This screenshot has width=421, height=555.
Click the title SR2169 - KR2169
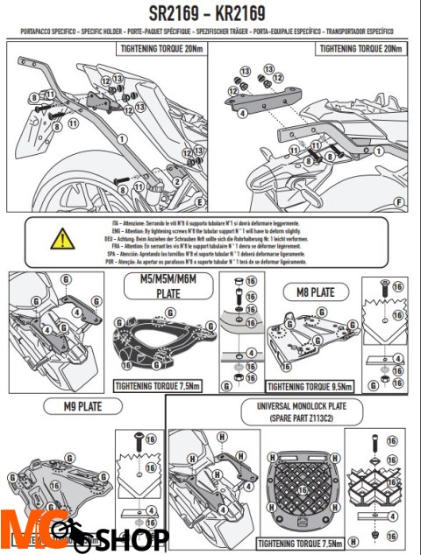pyautogui.click(x=210, y=15)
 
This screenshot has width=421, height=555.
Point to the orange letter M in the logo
pyautogui.click(x=19, y=531)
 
